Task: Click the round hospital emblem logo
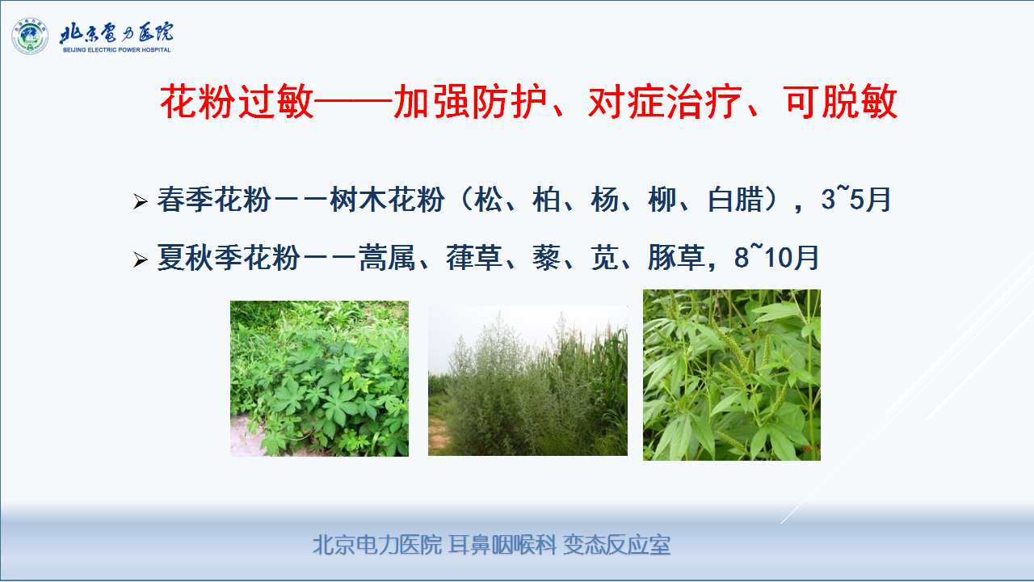click(30, 36)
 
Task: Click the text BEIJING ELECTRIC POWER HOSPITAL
click(117, 50)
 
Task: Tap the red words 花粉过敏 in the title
click(237, 102)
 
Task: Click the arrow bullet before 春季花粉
click(140, 201)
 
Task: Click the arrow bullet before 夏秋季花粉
click(140, 259)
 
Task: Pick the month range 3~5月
click(855, 199)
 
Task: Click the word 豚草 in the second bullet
click(676, 257)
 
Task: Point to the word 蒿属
click(387, 257)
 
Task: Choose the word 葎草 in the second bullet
click(474, 257)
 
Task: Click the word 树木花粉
click(387, 200)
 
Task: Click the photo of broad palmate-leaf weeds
click(319, 379)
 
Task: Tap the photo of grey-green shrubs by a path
click(528, 381)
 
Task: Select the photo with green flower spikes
click(732, 374)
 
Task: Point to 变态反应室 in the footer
click(616, 545)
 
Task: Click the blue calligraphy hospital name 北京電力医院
click(117, 32)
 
